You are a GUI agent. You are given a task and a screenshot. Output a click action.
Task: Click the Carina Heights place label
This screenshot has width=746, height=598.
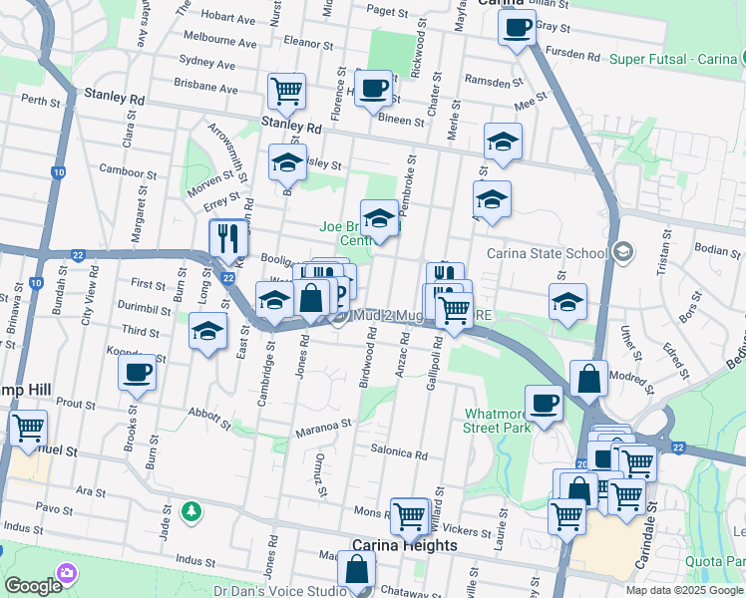tap(405, 546)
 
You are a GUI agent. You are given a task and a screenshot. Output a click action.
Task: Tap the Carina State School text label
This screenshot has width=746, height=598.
tap(547, 252)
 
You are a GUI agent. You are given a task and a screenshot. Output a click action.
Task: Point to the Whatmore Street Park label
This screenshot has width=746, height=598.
tap(496, 421)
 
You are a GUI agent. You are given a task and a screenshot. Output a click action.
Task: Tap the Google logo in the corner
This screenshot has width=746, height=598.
tap(33, 586)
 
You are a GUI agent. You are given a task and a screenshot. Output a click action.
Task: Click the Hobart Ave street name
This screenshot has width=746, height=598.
tap(227, 17)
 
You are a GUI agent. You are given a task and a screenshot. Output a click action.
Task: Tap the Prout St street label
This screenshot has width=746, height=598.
tap(76, 403)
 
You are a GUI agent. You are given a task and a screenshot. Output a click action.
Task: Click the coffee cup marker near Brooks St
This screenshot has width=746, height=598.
tap(137, 374)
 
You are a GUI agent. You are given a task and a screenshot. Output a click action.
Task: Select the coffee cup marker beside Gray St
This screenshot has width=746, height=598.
tap(516, 28)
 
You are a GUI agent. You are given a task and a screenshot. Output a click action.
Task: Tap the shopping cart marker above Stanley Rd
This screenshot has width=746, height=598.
tap(286, 91)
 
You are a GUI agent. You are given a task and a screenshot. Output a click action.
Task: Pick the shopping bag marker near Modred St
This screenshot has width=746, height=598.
tap(588, 379)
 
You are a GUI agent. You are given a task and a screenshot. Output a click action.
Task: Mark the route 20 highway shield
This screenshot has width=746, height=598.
tap(582, 463)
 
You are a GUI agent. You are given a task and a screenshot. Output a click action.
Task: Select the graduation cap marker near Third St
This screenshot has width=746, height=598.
tap(206, 333)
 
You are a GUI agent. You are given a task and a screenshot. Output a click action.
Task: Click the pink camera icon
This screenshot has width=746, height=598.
tap(67, 573)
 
